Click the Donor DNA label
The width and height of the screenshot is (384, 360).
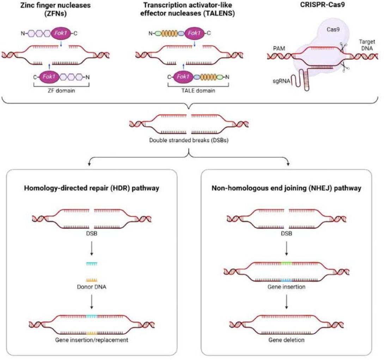click(x=91, y=286)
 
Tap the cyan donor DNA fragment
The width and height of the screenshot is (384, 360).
click(x=92, y=263)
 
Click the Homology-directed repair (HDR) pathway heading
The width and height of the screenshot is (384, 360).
click(x=92, y=188)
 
